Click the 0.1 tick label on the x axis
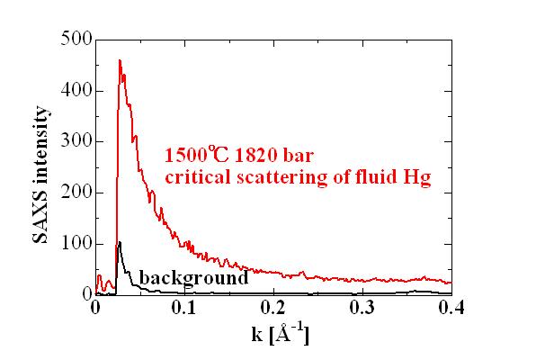pos(184,309)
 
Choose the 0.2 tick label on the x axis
pos(273,309)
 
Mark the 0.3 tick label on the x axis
pos(362,309)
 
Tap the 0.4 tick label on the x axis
pos(451,309)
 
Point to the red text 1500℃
pos(192,155)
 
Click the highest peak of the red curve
pos(120,60)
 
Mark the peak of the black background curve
pos(120,242)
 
